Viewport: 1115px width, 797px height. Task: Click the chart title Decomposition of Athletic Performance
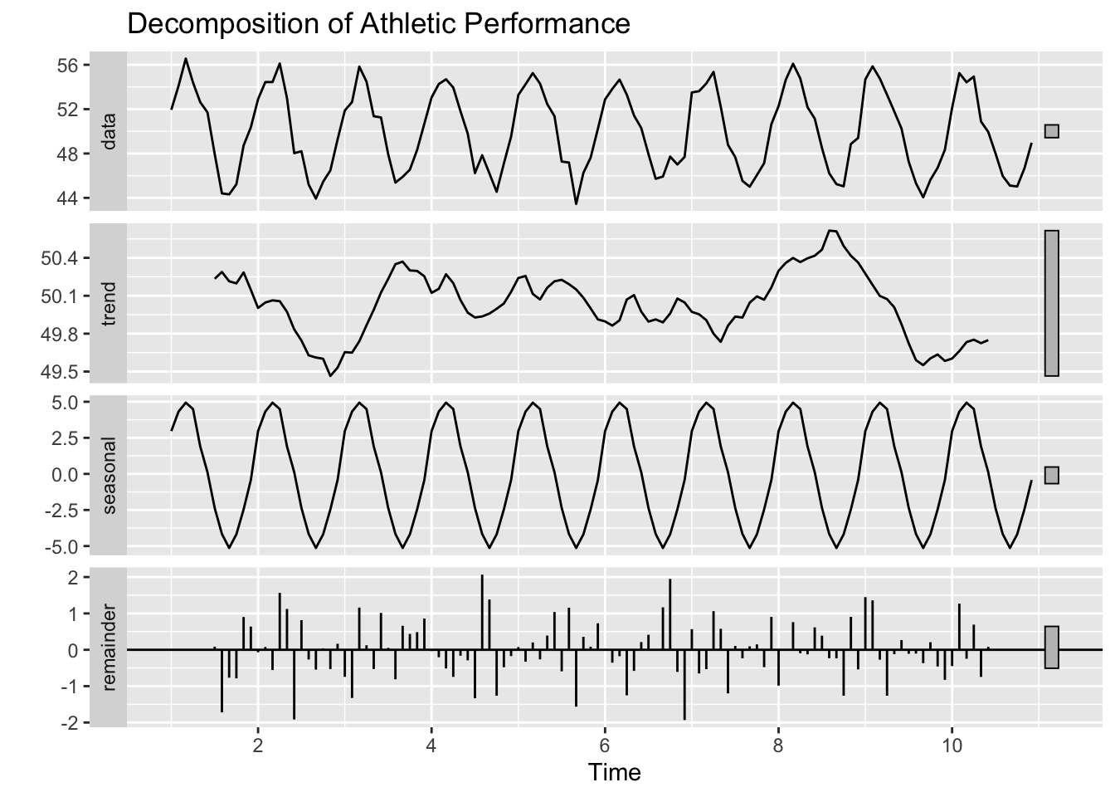(x=378, y=23)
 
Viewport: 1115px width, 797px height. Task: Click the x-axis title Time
(x=615, y=773)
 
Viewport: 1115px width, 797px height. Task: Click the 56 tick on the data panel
(x=69, y=65)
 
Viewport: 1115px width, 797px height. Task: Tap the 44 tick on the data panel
(x=69, y=198)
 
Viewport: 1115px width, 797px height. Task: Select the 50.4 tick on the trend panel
(x=63, y=259)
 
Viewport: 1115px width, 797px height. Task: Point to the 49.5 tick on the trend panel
(x=63, y=372)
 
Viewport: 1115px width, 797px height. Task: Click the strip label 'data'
(x=109, y=131)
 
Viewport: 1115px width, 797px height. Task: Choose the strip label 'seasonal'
(x=109, y=474)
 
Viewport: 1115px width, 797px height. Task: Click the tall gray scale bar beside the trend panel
(x=1052, y=303)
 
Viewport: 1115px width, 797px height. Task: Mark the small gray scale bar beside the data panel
(x=1052, y=131)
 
